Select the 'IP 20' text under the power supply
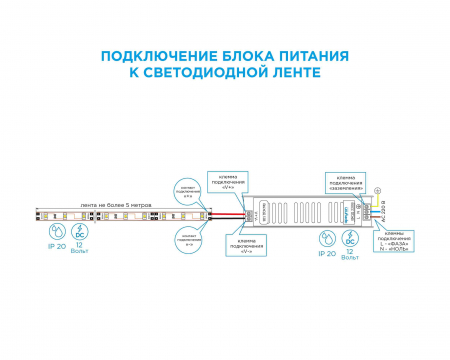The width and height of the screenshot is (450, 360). pos(327,254)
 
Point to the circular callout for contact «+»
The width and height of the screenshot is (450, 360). pos(187,187)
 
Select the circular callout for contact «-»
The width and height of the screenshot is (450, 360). pos(187,238)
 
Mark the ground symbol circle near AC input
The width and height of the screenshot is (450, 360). pos(376,190)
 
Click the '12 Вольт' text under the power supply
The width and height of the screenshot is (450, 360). pos(350,257)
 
